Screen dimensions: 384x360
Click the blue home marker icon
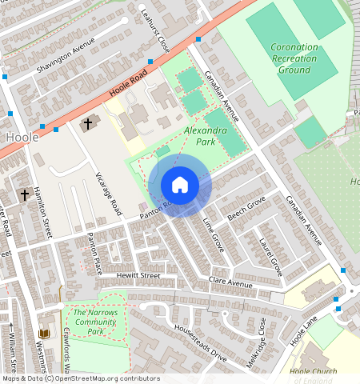(180, 185)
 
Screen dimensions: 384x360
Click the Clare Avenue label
(230, 283)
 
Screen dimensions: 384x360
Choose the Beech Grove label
(246, 210)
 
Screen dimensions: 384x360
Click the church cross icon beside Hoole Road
(86, 123)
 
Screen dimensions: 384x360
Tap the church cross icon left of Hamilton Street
(25, 194)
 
